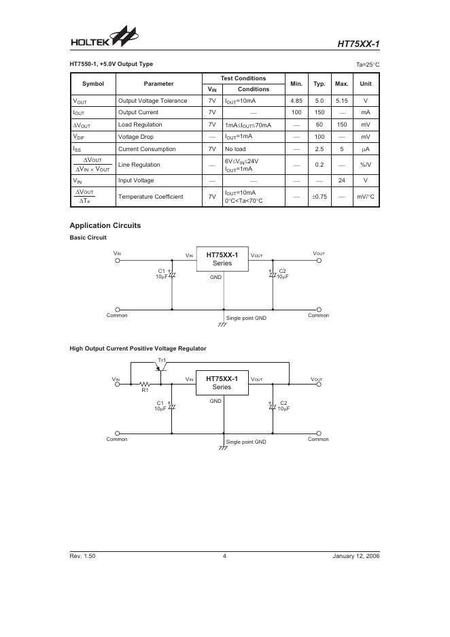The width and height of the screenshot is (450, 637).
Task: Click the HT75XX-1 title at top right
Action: (358, 45)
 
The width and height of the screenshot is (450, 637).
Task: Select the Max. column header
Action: (341, 84)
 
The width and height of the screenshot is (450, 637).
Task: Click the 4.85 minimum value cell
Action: (296, 101)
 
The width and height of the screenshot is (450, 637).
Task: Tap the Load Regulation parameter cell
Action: (140, 125)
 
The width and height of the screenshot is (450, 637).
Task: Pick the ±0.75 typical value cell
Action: (319, 197)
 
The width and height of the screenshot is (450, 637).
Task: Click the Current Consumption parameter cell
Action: (147, 149)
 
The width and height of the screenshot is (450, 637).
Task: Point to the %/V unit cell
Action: (366, 165)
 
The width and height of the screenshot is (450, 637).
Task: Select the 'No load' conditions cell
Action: (235, 149)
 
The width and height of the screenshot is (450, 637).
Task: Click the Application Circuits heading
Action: (105, 225)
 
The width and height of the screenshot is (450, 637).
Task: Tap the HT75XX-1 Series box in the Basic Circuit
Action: (222, 259)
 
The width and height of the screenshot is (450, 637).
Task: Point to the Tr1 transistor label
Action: (162, 360)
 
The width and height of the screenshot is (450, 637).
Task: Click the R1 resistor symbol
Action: (145, 384)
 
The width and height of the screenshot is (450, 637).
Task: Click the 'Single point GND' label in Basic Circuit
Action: (246, 318)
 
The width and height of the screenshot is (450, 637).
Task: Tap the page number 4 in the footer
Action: (224, 556)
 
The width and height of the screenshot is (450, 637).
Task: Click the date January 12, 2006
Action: (356, 556)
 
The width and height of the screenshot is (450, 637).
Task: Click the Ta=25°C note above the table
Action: (367, 65)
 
